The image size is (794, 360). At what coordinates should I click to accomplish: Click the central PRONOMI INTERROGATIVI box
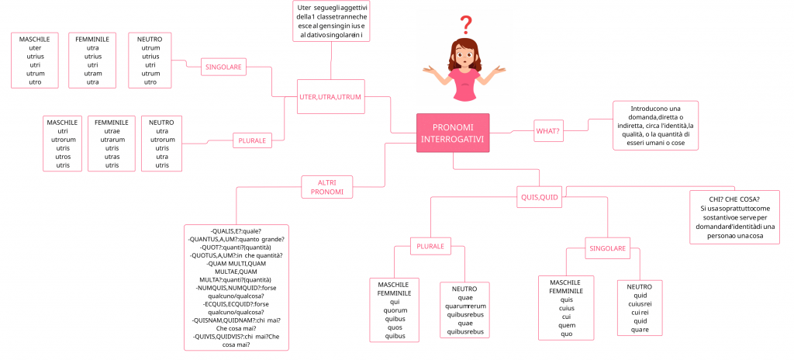pos(452,133)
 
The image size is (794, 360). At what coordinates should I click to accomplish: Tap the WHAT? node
pos(548,131)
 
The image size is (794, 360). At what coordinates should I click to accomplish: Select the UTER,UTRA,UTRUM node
pos(330,97)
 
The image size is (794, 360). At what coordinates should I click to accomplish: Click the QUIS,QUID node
pos(538,197)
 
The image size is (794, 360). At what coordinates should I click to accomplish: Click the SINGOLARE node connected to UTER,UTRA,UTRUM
pos(223,67)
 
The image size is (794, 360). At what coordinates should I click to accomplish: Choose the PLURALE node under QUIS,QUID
pos(430,247)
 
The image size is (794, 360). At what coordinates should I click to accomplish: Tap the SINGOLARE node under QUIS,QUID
pos(606,248)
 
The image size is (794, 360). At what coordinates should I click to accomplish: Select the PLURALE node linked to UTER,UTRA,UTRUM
pos(252,140)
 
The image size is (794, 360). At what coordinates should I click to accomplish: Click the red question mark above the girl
pos(465,24)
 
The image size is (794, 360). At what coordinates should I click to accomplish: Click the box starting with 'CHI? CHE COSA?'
pos(734,217)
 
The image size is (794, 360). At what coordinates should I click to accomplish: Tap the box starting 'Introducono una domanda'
pos(654,125)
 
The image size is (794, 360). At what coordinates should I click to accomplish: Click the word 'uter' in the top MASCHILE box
pos(35,47)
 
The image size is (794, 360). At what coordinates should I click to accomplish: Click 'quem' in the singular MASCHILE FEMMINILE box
pos(566,325)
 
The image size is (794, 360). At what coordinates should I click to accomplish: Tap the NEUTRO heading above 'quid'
pos(640,286)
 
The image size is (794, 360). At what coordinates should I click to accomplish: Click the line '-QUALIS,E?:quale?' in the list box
pos(236,230)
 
